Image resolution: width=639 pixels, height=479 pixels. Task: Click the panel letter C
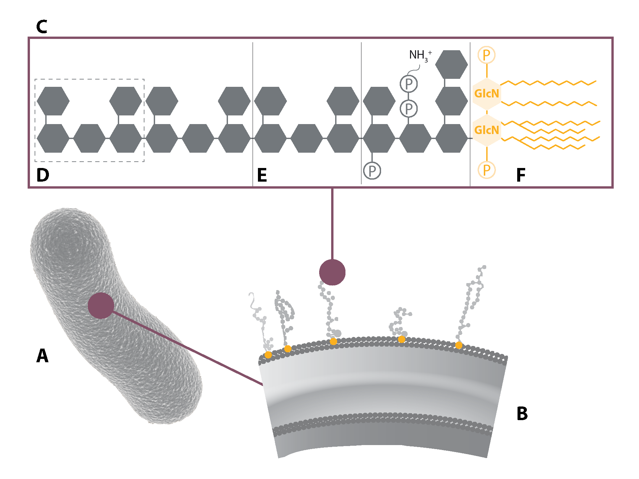tap(42, 27)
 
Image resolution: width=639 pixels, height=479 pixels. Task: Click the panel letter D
tap(43, 175)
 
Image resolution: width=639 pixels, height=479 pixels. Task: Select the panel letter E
tap(262, 175)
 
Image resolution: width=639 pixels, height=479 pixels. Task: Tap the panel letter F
tap(521, 175)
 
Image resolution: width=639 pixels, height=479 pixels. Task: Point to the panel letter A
tap(42, 356)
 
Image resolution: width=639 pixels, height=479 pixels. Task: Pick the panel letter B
tap(522, 414)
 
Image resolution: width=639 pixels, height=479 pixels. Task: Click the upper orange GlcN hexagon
tap(487, 93)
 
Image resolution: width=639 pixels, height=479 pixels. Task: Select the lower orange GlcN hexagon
tap(487, 130)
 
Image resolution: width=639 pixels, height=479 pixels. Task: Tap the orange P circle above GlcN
tap(487, 55)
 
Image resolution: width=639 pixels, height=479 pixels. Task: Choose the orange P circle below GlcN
tap(487, 170)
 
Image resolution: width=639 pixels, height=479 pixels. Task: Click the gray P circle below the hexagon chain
tap(372, 171)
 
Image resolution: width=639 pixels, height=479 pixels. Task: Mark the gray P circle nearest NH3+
tap(409, 84)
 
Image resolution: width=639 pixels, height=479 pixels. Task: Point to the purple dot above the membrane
tap(332, 272)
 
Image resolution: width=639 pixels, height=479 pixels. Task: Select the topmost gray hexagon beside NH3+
tap(451, 65)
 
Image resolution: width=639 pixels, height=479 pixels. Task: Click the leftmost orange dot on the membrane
tap(268, 355)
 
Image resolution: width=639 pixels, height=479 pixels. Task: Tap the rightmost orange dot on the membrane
tap(459, 345)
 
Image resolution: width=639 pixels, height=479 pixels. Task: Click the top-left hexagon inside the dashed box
tap(53, 101)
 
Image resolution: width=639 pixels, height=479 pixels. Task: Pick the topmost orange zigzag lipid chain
tap(549, 83)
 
